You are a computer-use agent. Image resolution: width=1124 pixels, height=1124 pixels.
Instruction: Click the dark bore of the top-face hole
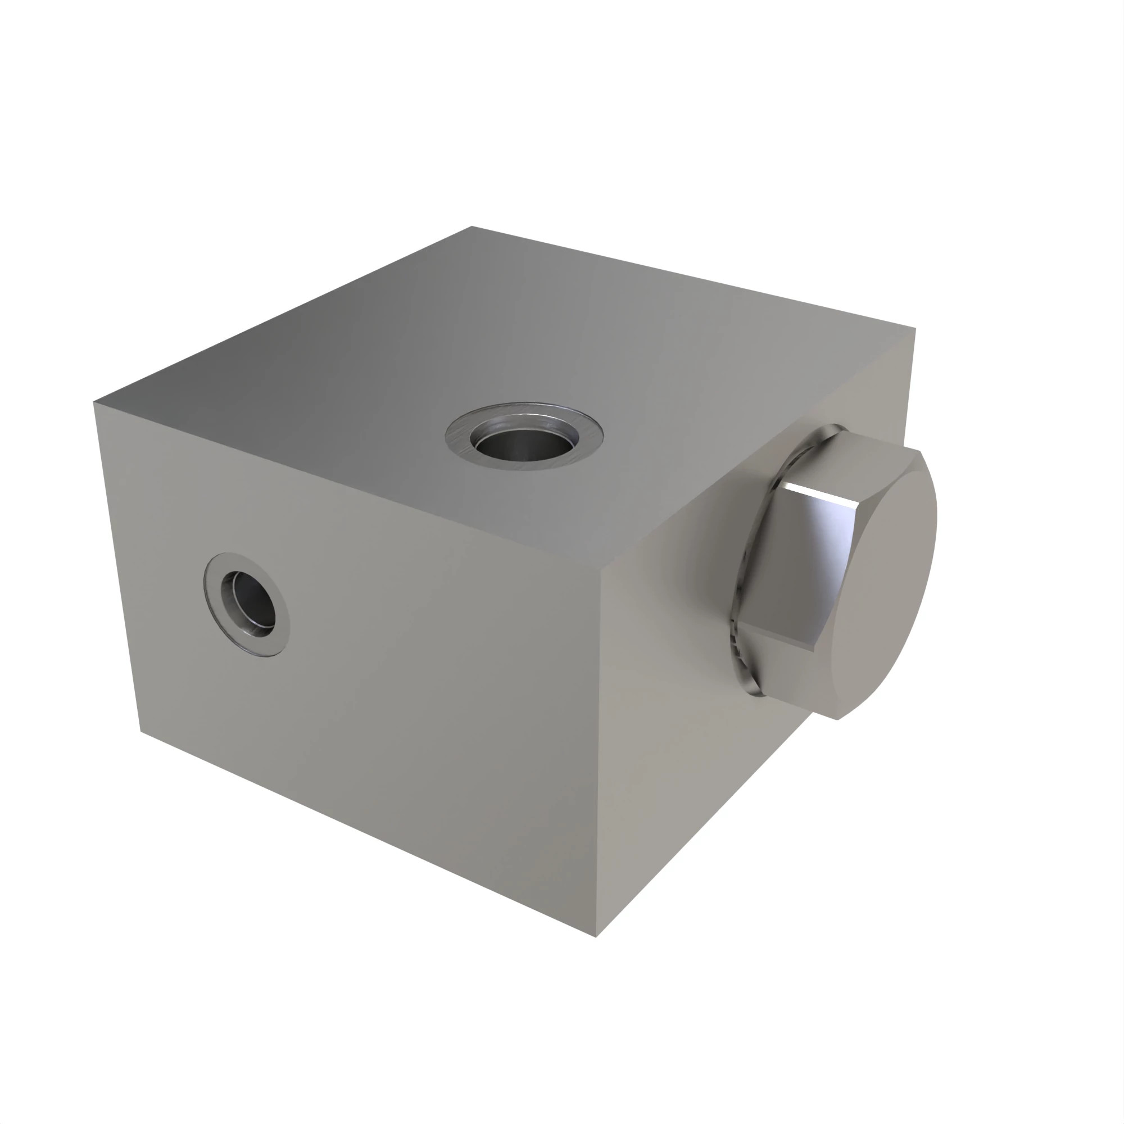pyautogui.click(x=522, y=446)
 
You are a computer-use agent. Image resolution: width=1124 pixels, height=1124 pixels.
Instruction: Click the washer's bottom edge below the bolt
pyautogui.click(x=754, y=690)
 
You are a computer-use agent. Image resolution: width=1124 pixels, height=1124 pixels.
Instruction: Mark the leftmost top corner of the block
pyautogui.click(x=94, y=402)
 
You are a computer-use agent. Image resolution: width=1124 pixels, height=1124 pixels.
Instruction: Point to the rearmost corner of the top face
pyautogui.click(x=472, y=226)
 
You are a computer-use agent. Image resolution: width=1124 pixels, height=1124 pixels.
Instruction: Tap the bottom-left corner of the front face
pyautogui.click(x=141, y=731)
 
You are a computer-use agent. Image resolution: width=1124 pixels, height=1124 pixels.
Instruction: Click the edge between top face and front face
pyautogui.click(x=349, y=482)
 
